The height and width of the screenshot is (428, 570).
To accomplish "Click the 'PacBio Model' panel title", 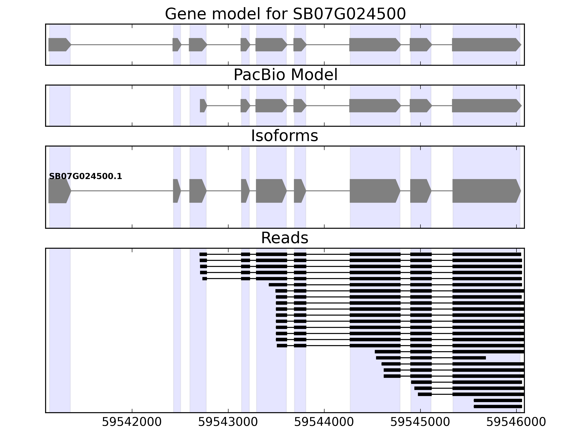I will (x=285, y=75).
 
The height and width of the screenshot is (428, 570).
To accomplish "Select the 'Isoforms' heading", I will (x=284, y=136).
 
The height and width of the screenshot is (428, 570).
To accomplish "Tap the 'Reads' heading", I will (x=284, y=238).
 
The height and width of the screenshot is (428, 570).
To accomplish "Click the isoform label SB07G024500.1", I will (x=85, y=177).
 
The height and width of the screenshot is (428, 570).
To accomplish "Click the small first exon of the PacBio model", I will (x=203, y=106).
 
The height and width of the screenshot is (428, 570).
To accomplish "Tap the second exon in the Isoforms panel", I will (x=176, y=191).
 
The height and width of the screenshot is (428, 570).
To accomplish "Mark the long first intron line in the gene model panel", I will (x=121, y=45).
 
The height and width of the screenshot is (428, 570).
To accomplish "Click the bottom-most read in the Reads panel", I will (x=498, y=407).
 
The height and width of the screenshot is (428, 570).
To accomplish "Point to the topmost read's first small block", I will (x=203, y=254).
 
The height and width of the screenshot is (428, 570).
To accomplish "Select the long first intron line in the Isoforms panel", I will (x=121, y=191).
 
